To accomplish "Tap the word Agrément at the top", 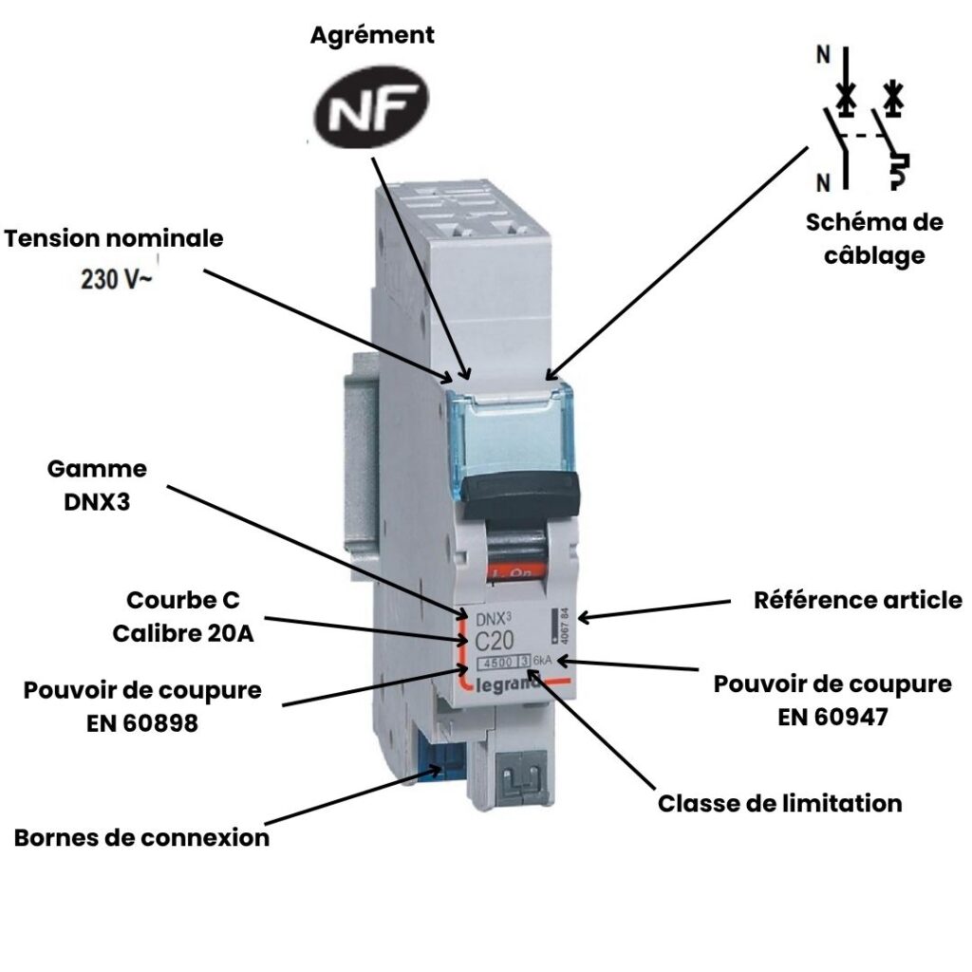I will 372,36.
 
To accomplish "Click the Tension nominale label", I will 114,238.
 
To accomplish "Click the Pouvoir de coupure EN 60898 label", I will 142,706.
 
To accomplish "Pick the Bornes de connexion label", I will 141,838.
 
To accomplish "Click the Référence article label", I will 857,600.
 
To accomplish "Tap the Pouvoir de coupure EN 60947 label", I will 832,700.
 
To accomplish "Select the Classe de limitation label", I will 779,804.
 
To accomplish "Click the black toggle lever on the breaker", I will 523,490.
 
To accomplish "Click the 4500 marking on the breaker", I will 494,663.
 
